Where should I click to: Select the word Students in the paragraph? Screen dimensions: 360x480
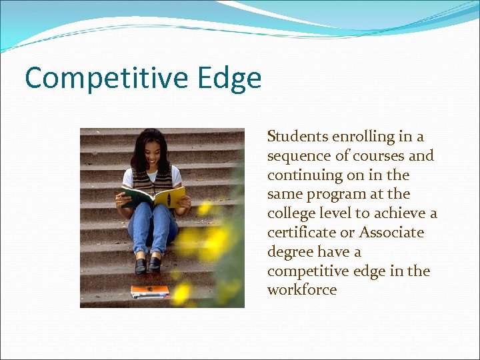(298, 137)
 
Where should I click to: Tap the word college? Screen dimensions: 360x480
(289, 213)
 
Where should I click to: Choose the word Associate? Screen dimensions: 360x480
(391, 233)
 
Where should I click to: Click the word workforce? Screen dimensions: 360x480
(302, 290)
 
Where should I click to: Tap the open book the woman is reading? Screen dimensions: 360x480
(153, 197)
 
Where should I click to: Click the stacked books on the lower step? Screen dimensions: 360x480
(150, 291)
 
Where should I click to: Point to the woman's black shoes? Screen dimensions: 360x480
(148, 265)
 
